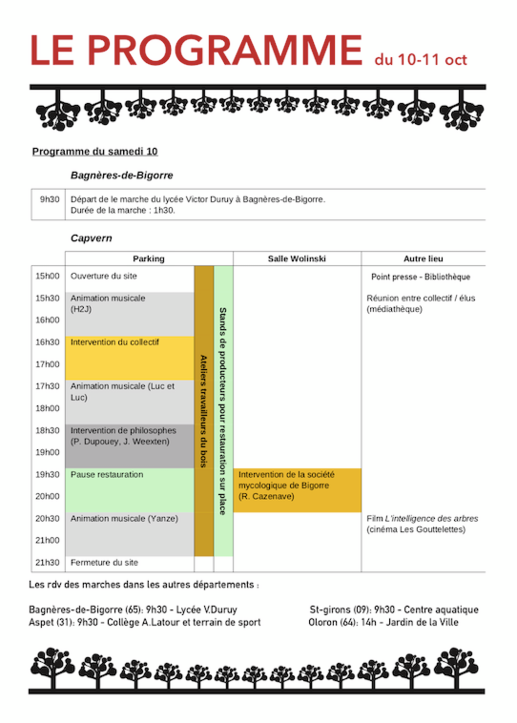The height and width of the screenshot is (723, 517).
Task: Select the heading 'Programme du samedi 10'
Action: pos(95,152)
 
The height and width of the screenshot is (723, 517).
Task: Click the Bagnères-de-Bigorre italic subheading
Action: pos(121,175)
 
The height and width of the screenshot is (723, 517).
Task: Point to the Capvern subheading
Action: pos(91,238)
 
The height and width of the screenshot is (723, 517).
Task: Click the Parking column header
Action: pos(149,259)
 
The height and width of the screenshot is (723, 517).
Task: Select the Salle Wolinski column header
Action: pos(297,259)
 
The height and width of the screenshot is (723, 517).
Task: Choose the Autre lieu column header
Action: pos(423,259)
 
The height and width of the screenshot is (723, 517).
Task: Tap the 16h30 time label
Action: pos(47,342)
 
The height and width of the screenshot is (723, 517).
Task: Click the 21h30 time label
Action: pos(47,562)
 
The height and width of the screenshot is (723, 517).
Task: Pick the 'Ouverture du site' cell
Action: pos(104,276)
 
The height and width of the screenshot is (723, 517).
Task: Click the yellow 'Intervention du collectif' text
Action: pos(115,342)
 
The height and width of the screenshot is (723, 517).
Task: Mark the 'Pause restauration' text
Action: pos(107,474)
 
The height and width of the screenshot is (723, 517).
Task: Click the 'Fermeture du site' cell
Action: pos(104,562)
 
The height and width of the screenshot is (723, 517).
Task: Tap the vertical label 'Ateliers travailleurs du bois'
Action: pos(204,411)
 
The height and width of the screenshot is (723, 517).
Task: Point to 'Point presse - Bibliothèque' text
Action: pos(421,277)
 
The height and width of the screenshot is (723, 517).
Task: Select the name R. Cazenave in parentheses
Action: pos(266,496)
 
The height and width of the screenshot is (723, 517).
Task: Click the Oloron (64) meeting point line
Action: pos(383,622)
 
